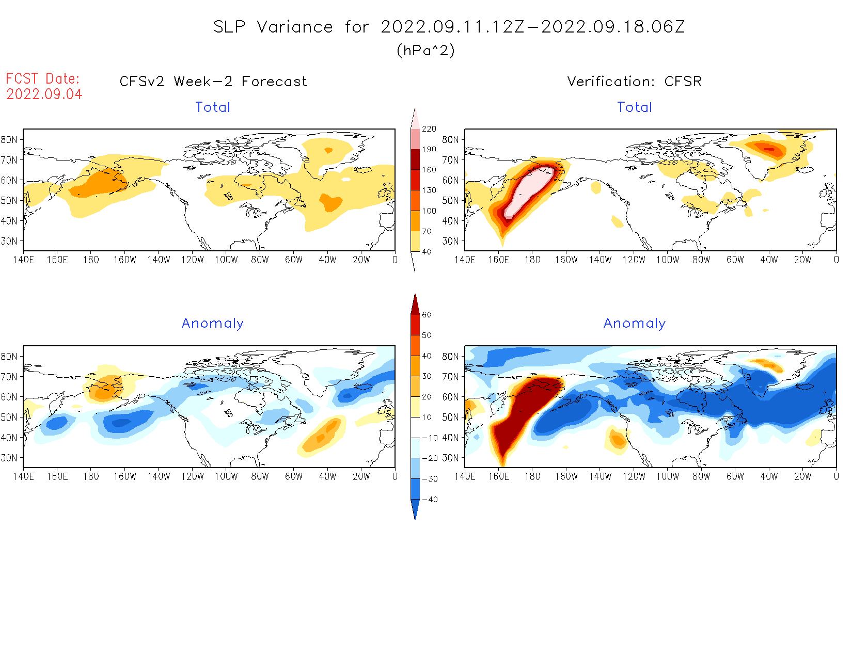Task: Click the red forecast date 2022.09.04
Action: pos(44,94)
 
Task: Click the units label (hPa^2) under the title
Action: pos(425,51)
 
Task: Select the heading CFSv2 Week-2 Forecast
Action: pos(213,82)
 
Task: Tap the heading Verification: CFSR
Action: pos(634,82)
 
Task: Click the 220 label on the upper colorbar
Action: pos(429,129)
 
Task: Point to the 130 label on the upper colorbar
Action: pos(429,190)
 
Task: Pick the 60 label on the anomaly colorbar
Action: pos(427,315)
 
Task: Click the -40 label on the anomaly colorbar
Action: pos(430,500)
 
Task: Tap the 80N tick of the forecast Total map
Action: pos(9,140)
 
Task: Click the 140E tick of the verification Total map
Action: pos(465,260)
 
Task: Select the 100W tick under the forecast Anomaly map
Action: pos(226,477)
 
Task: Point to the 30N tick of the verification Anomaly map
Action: pos(450,458)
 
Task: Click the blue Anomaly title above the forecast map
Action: pos(212,324)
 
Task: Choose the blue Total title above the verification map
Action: pos(635,107)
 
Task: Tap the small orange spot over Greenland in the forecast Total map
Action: pos(328,150)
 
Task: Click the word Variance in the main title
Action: pos(295,27)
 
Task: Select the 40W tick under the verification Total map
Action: pos(769,260)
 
